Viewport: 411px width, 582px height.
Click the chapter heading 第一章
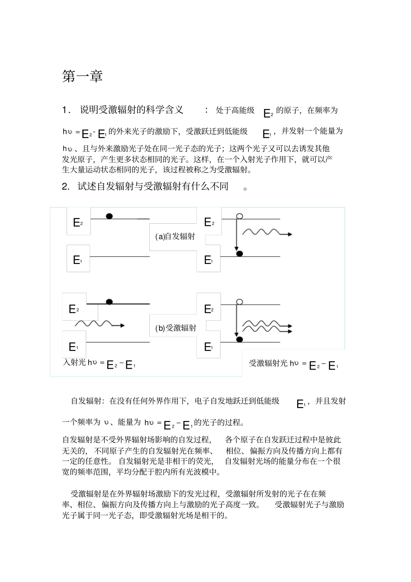click(83, 76)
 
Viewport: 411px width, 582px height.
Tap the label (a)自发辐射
click(175, 236)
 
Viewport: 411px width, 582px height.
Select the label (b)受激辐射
click(176, 328)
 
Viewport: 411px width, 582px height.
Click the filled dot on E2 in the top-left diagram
click(109, 216)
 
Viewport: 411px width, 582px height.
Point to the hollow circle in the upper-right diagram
click(239, 216)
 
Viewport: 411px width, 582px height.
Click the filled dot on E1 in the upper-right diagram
click(239, 253)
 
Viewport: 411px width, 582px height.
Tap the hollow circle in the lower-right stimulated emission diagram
click(239, 302)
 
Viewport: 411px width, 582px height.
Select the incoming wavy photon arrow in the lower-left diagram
click(100, 324)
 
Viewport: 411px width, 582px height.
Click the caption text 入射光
click(74, 363)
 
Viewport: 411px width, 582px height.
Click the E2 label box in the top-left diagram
click(78, 222)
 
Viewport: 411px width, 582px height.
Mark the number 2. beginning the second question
click(66, 186)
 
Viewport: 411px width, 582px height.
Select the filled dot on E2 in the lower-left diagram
click(109, 302)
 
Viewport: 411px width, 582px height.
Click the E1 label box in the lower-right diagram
click(209, 347)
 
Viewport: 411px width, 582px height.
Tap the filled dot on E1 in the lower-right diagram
click(239, 339)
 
